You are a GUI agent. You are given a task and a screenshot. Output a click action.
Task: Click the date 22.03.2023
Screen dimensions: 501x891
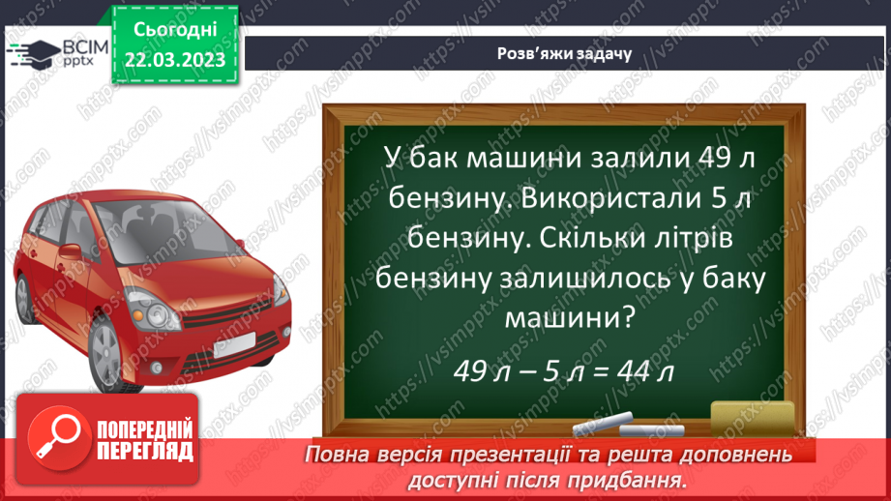(175, 61)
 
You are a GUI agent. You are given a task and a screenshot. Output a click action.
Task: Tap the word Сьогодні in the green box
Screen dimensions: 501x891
(175, 31)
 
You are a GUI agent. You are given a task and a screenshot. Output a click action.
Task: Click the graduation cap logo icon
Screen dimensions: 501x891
(41, 53)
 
